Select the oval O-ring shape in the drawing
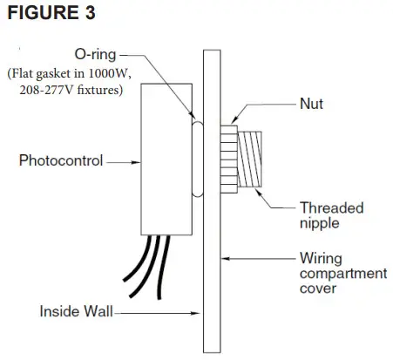click(194, 160)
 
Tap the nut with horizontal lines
click(227, 160)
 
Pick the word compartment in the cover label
click(343, 274)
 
